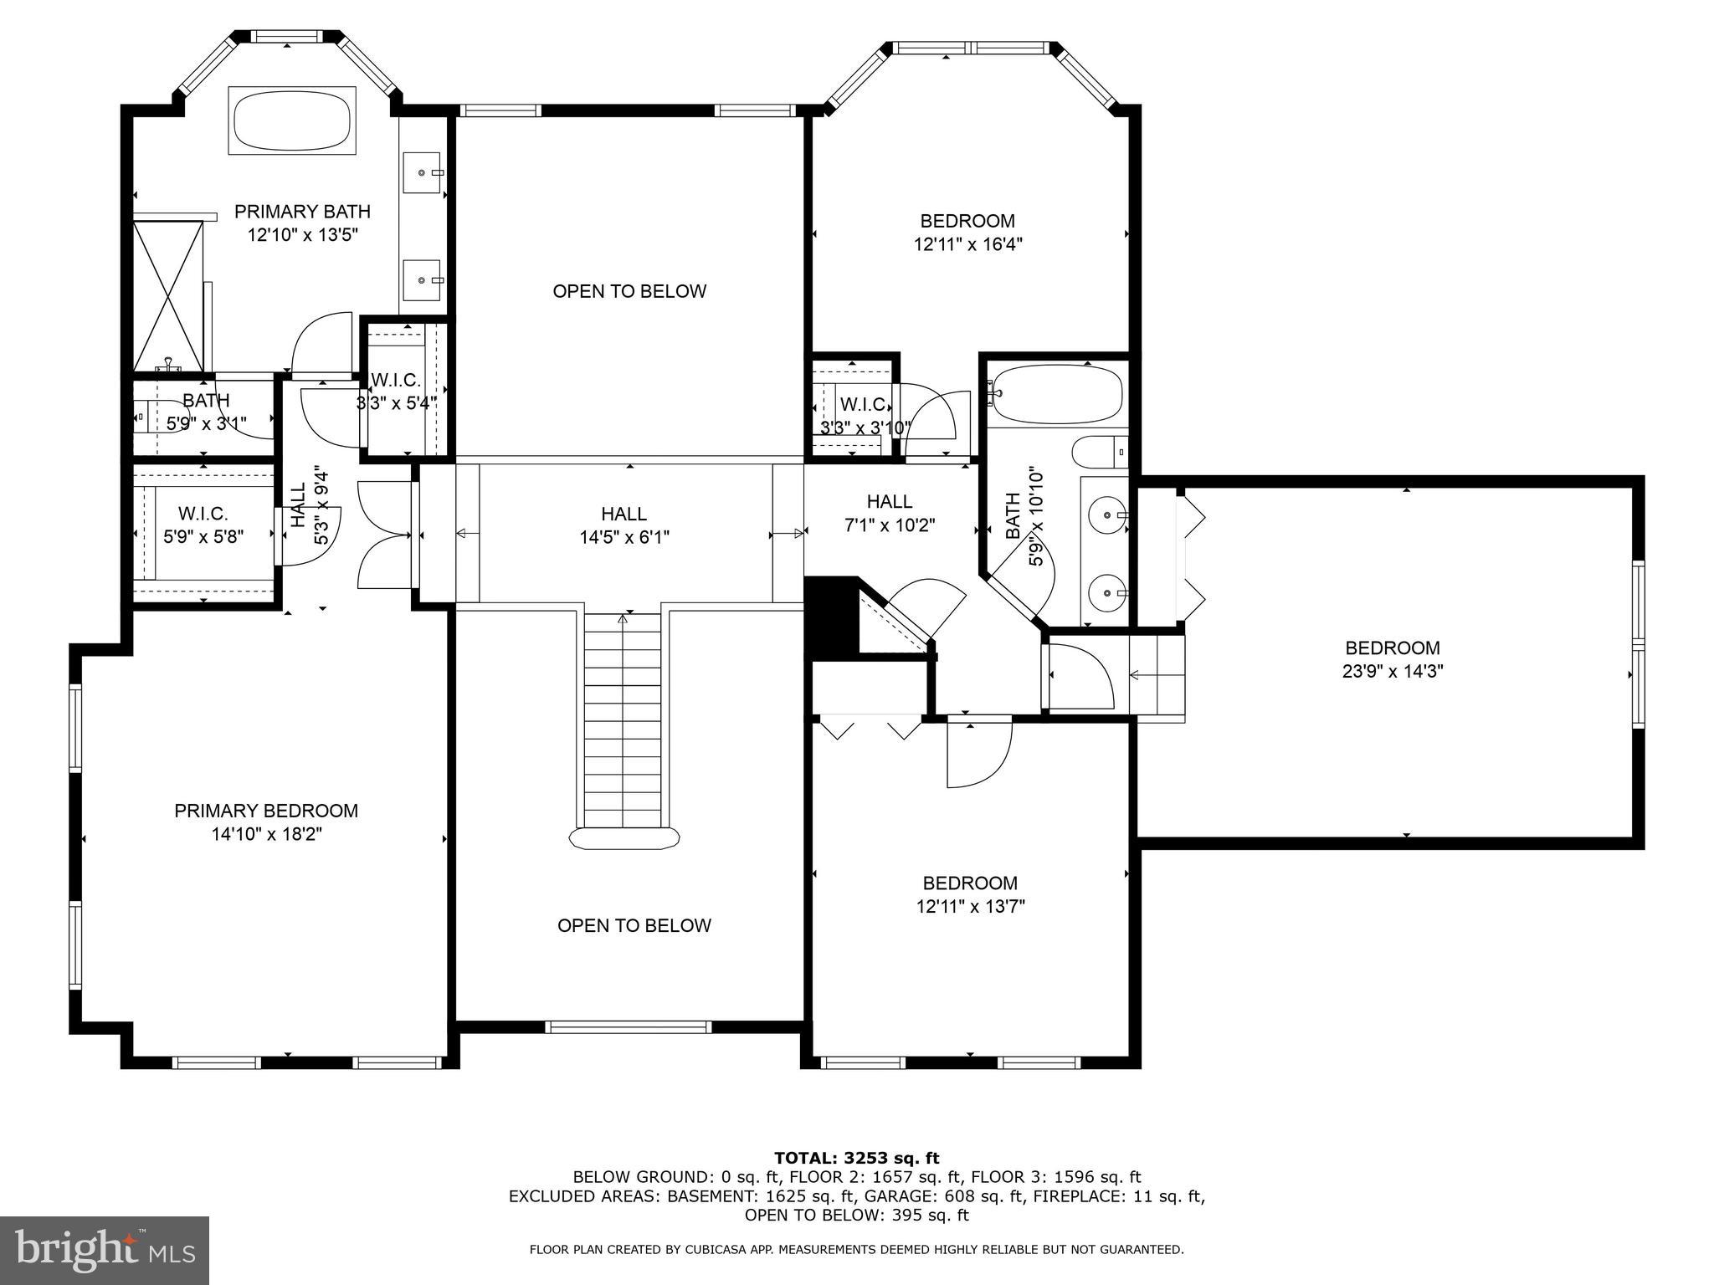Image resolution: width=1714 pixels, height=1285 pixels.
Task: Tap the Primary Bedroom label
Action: (x=266, y=811)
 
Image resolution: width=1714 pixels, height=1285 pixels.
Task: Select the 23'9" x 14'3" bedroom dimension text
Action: (x=1393, y=671)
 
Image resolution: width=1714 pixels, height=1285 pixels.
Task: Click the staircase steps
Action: (x=623, y=719)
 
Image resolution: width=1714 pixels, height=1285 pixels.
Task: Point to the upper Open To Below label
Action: (x=629, y=291)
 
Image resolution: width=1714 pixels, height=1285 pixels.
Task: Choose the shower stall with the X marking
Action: (x=169, y=294)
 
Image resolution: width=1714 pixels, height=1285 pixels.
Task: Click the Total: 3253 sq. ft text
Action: (x=856, y=1158)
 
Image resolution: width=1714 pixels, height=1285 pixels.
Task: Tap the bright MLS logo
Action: (x=105, y=1251)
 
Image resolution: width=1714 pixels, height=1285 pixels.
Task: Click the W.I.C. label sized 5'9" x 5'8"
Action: (x=203, y=525)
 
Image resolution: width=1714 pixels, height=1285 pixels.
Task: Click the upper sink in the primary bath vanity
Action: (x=424, y=172)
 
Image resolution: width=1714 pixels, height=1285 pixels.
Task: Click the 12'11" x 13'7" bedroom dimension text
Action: (x=970, y=906)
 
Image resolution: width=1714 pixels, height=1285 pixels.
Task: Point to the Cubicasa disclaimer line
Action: (x=856, y=1250)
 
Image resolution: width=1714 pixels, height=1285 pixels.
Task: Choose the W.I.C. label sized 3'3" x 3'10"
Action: (x=865, y=416)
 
